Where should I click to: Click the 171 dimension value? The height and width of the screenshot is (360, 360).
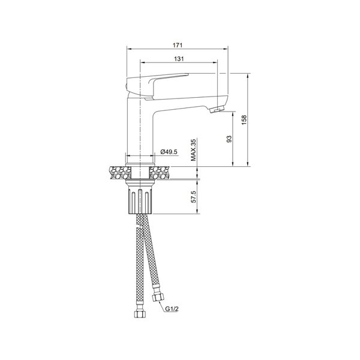[178, 45]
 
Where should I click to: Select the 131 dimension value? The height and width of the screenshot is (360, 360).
[179, 59]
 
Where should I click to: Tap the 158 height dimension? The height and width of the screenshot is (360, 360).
[244, 120]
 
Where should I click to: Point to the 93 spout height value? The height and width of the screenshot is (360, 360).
[229, 139]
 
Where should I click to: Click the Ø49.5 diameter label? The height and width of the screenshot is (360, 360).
[169, 152]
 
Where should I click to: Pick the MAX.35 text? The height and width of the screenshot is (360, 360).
[194, 150]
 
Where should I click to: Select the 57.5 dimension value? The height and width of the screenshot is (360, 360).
[194, 197]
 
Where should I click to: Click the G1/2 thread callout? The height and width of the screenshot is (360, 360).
[172, 309]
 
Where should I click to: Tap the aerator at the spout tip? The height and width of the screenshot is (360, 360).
[217, 109]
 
